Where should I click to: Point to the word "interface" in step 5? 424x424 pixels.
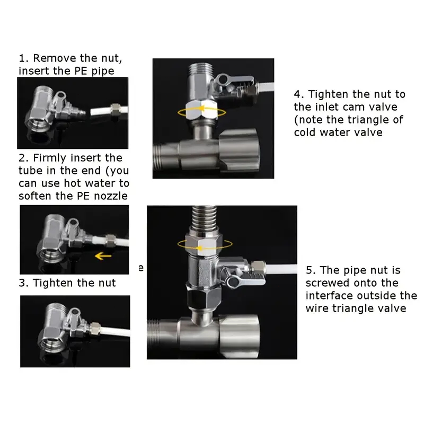pyautogui.click(x=329, y=296)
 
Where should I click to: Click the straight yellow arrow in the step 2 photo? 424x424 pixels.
pyautogui.click(x=103, y=255)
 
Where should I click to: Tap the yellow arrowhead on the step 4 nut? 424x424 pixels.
pyautogui.click(x=200, y=109)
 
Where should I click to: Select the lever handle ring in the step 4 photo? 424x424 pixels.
pyautogui.click(x=223, y=79)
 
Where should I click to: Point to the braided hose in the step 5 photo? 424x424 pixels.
pyautogui.click(x=205, y=218)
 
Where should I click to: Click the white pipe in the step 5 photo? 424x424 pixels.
pyautogui.click(x=281, y=270)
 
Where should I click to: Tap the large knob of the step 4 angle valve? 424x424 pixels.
pyautogui.click(x=239, y=149)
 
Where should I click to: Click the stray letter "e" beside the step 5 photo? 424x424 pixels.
pyautogui.click(x=141, y=268)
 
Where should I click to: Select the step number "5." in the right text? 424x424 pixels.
pyautogui.click(x=311, y=270)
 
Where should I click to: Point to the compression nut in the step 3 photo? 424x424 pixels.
pyautogui.click(x=95, y=328)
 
